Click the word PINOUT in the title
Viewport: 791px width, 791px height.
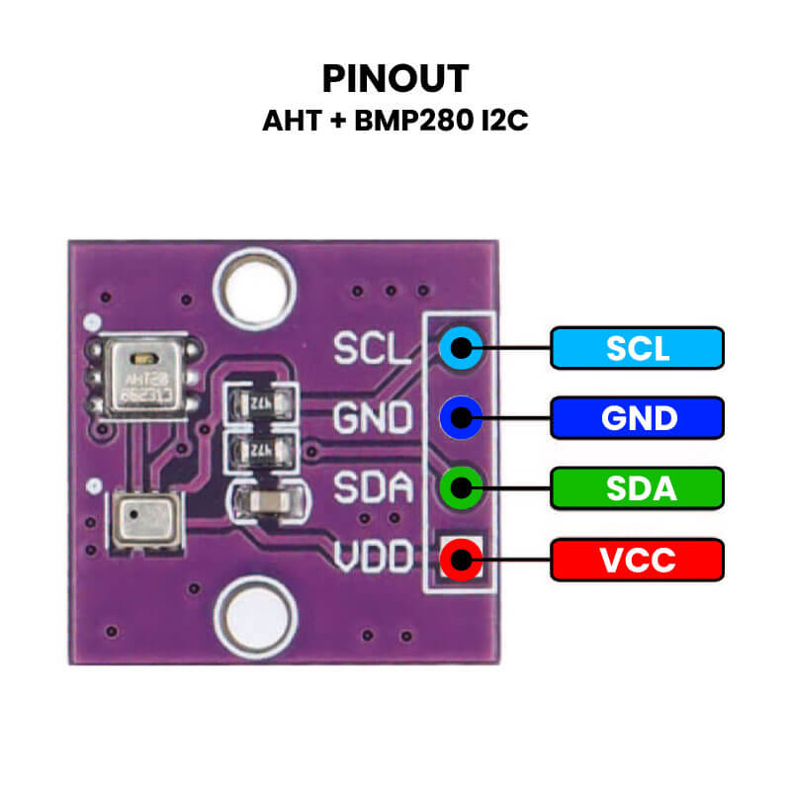[395, 79]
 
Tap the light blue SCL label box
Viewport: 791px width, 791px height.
[637, 348]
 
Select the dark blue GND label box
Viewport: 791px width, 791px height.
[637, 418]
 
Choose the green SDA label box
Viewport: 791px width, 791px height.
[637, 488]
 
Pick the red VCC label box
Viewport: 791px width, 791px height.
[637, 560]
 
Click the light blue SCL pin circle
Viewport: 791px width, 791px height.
[461, 347]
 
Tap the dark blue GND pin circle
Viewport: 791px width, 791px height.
[461, 418]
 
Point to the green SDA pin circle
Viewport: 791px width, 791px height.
[461, 487]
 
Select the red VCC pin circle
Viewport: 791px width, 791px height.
[461, 560]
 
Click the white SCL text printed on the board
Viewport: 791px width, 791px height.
[371, 348]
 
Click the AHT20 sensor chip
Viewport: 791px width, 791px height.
[145, 381]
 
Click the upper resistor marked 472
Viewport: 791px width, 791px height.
[261, 403]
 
